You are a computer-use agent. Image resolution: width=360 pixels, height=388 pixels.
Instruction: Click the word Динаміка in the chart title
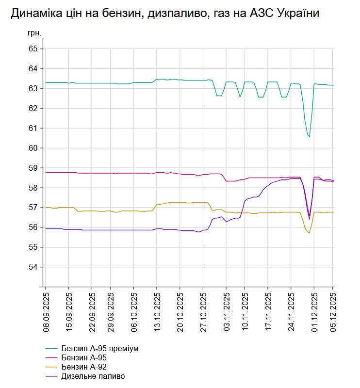[x=33, y=14]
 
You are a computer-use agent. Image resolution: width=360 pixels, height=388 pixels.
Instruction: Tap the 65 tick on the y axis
[x=33, y=49]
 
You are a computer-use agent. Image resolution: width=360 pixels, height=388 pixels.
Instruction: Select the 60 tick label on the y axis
[x=33, y=148]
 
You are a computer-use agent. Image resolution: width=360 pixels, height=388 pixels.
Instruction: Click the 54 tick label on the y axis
[x=33, y=267]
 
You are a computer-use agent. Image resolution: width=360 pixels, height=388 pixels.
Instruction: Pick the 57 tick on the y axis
[x=33, y=208]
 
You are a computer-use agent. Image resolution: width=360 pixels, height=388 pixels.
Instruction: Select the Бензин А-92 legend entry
[x=83, y=367]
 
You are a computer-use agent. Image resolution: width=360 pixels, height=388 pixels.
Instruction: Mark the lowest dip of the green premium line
[x=309, y=137]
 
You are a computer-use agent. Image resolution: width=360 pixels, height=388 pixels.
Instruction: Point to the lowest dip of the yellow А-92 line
[x=309, y=233]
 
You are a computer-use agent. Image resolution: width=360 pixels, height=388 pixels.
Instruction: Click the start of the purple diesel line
[x=46, y=228]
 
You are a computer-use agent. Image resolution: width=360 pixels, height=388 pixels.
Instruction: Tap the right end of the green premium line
[x=334, y=85]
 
